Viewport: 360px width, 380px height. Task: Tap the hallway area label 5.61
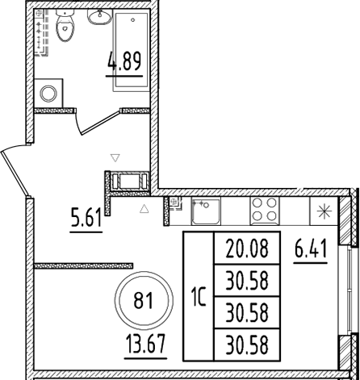[86, 217]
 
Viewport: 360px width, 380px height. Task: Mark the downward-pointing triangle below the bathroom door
[115, 158]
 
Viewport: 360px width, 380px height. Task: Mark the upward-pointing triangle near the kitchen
[144, 209]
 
